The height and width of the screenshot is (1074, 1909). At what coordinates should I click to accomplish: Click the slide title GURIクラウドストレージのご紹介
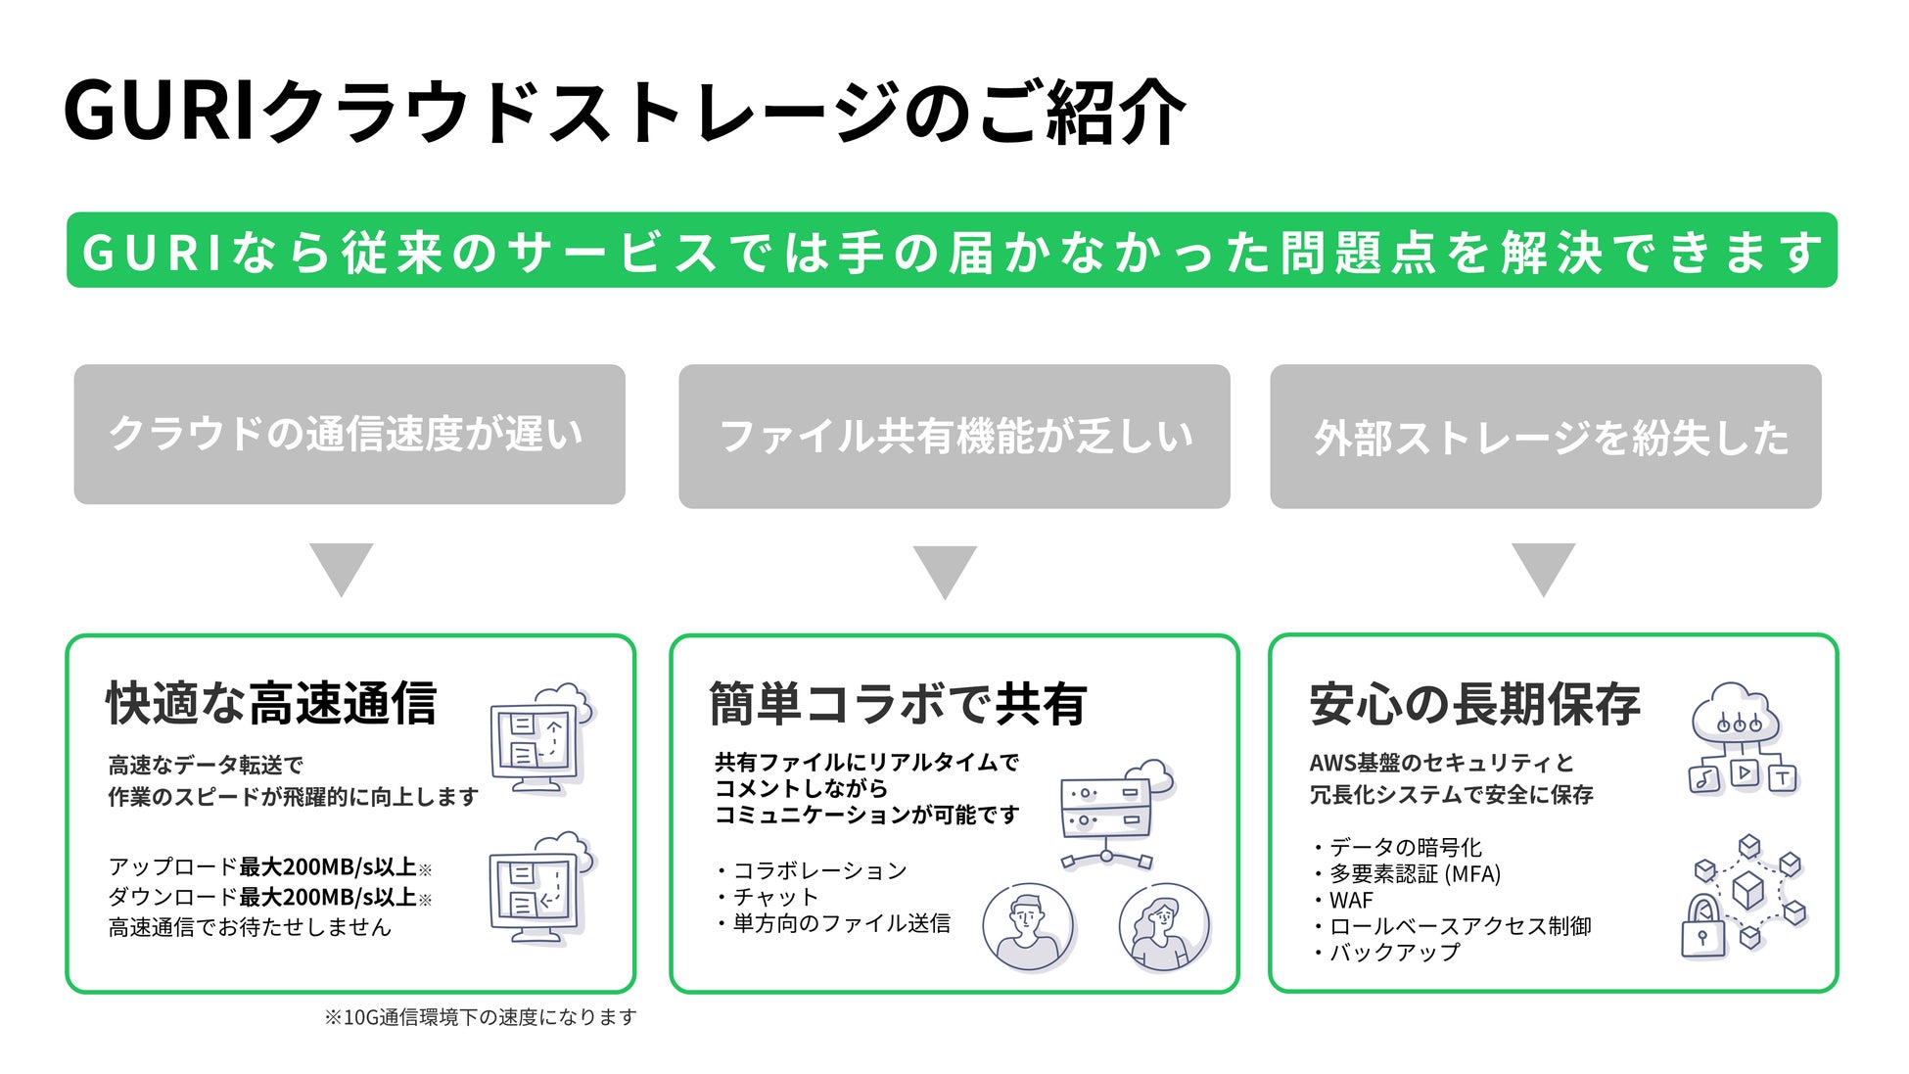pyautogui.click(x=624, y=111)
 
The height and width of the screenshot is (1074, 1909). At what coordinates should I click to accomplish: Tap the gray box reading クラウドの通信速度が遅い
pyautogui.click(x=349, y=434)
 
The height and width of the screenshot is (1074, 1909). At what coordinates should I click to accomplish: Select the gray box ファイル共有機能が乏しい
pyautogui.click(x=954, y=437)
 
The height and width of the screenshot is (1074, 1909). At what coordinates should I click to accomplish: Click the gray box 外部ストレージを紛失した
pyautogui.click(x=1545, y=437)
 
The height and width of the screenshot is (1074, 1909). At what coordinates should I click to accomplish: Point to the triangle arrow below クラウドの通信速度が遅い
pyautogui.click(x=341, y=567)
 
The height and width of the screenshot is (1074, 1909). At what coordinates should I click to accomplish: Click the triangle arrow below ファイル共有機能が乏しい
pyautogui.click(x=945, y=570)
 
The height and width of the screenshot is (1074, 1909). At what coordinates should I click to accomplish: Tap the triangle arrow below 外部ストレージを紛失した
pyautogui.click(x=1543, y=567)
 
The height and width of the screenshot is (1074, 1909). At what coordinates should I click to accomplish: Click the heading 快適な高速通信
pyautogui.click(x=271, y=703)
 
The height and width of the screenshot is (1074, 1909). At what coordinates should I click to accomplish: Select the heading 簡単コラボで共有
pyautogui.click(x=897, y=704)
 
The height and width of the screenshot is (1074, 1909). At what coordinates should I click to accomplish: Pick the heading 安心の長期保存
pyautogui.click(x=1473, y=704)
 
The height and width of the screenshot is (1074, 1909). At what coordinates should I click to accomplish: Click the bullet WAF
pyautogui.click(x=1350, y=900)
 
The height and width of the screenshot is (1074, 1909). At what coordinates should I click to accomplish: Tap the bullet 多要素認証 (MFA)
pyautogui.click(x=1414, y=873)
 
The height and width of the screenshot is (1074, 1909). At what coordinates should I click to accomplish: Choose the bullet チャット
pyautogui.click(x=774, y=897)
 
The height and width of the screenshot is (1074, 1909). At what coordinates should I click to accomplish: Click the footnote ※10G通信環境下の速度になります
pyautogui.click(x=480, y=1017)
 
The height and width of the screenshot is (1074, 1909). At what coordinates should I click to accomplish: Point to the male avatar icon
pyautogui.click(x=1027, y=926)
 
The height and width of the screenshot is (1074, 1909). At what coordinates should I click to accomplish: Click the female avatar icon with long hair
pyautogui.click(x=1163, y=926)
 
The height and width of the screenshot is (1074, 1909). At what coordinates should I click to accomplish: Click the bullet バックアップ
pyautogui.click(x=1393, y=952)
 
